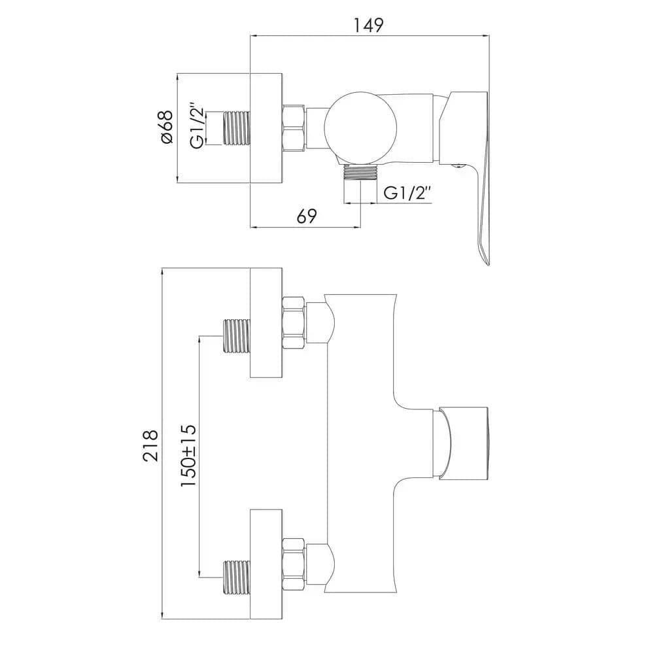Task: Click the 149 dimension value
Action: click(x=369, y=26)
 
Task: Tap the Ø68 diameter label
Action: click(x=166, y=128)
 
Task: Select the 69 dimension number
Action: click(x=307, y=216)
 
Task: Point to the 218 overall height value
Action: click(x=150, y=445)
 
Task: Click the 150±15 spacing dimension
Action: click(x=188, y=455)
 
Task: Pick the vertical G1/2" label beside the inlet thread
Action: click(x=198, y=125)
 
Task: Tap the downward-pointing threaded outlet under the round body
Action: click(x=360, y=173)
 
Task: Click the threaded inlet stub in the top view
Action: click(x=237, y=128)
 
